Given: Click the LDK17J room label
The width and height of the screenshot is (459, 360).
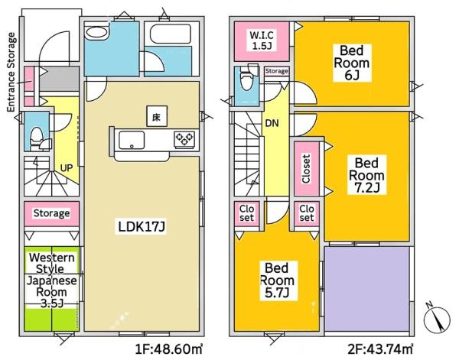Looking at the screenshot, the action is pyautogui.click(x=142, y=226).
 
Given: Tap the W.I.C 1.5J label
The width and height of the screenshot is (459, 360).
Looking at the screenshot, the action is pyautogui.click(x=262, y=41).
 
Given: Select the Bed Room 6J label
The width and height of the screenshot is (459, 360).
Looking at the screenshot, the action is pyautogui.click(x=352, y=63).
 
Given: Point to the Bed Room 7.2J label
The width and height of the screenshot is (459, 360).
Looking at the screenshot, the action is pyautogui.click(x=366, y=175).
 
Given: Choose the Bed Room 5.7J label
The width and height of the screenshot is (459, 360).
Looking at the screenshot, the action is pyautogui.click(x=277, y=281).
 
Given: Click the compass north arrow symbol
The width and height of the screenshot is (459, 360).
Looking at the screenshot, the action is pyautogui.click(x=437, y=319).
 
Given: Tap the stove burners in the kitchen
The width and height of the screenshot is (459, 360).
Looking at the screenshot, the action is pyautogui.click(x=184, y=139).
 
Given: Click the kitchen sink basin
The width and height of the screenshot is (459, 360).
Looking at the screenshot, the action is pyautogui.click(x=132, y=140).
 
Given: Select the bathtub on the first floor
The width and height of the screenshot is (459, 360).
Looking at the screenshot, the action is pyautogui.click(x=171, y=34).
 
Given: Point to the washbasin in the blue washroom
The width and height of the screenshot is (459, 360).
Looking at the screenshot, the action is pyautogui.click(x=96, y=32).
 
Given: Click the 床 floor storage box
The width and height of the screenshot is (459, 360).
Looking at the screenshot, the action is pyautogui.click(x=157, y=116).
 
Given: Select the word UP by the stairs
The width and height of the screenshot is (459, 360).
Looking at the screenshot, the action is pyautogui.click(x=67, y=168).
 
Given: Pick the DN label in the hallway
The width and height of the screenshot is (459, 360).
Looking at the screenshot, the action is pyautogui.click(x=272, y=123).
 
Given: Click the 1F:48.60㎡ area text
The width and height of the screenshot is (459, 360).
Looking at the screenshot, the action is pyautogui.click(x=169, y=349).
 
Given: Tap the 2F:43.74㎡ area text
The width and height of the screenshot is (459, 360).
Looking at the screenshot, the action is pyautogui.click(x=380, y=349).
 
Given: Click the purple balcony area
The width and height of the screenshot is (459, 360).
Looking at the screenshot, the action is pyautogui.click(x=366, y=289).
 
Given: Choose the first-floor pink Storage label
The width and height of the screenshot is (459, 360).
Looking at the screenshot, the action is pyautogui.click(x=51, y=213).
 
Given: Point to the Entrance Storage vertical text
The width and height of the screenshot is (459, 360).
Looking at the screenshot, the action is pyautogui.click(x=11, y=73).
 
